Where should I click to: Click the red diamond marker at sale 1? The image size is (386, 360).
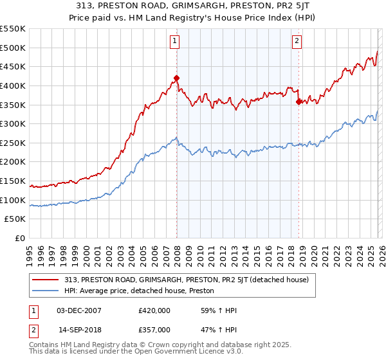tap(176, 78)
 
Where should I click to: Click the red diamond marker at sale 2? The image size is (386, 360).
tap(299, 102)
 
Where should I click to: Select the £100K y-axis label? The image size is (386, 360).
tap(13, 200)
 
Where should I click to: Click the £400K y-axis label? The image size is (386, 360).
tap(13, 85)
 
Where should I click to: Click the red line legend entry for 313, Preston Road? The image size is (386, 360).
tap(187, 280)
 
